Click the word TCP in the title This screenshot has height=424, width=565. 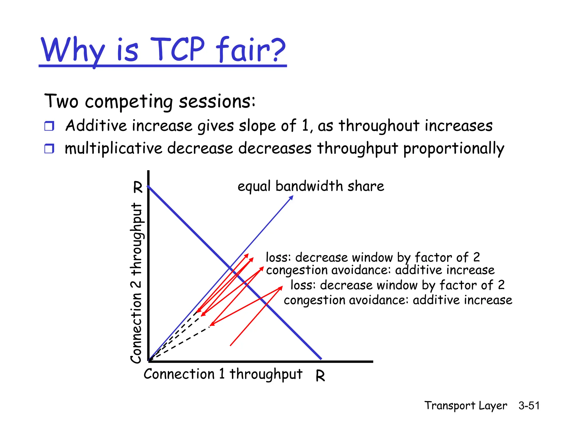pos(178,50)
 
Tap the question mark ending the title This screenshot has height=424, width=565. pos(276,50)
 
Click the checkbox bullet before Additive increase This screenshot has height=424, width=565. pos(49,126)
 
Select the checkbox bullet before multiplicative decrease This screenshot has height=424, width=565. pos(49,149)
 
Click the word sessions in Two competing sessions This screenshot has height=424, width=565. pos(217,101)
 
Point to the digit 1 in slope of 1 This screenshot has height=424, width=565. pos(305,126)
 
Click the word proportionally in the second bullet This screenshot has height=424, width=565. pos(454,149)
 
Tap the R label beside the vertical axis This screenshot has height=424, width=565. pos(138,187)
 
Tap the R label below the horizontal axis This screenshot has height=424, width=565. pos(320,376)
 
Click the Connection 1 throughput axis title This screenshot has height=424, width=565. pos(223,375)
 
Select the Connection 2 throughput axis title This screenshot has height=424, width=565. pos(136,283)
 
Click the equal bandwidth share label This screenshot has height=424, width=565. pos(311,186)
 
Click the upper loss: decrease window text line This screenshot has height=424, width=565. pos(373,257)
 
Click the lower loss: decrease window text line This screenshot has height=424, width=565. pos(398,285)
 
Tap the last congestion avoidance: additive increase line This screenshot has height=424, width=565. pos(398,300)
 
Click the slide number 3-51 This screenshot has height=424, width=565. pos(529,406)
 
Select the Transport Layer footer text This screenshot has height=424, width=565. pos(466,406)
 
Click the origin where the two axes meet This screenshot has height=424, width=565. pos(149,361)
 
